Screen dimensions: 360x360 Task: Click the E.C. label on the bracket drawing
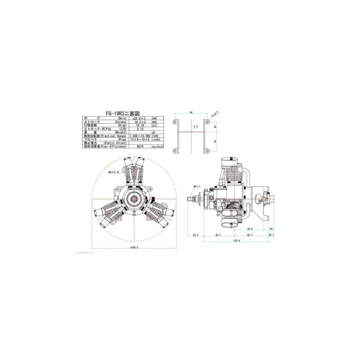pyautogui.click(x=195, y=128)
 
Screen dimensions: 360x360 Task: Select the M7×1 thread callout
pyautogui.click(x=196, y=185)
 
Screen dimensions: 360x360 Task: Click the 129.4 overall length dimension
pyautogui.click(x=236, y=241)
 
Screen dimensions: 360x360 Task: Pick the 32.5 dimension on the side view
pyautogui.click(x=195, y=235)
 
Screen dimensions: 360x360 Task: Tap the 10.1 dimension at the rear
pyautogui.click(x=271, y=235)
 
